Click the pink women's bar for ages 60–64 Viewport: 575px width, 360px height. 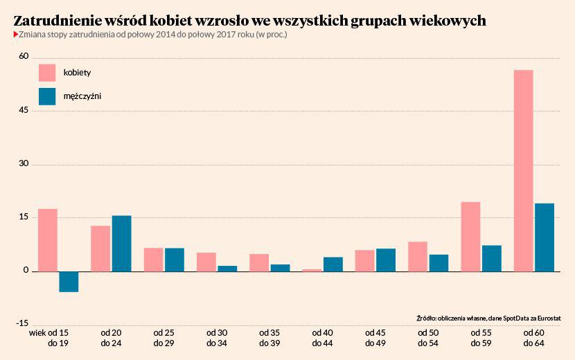pyautogui.click(x=523, y=170)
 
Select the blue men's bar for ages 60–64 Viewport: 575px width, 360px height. pyautogui.click(x=545, y=237)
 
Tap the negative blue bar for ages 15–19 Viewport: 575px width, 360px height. pyautogui.click(x=69, y=281)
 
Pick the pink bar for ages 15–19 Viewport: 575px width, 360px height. pyautogui.click(x=48, y=240)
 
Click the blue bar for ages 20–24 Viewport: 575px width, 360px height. pyautogui.click(x=121, y=243)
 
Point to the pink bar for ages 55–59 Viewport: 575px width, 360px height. pyautogui.click(x=470, y=236)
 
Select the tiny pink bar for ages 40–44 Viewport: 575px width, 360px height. pyautogui.click(x=312, y=270)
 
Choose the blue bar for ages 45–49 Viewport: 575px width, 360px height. pyautogui.click(x=386, y=260)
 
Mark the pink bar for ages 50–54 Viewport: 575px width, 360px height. pyautogui.click(x=418, y=256)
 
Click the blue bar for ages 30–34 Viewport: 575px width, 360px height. pyautogui.click(x=227, y=268)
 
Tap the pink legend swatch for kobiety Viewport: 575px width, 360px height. pyautogui.click(x=47, y=73)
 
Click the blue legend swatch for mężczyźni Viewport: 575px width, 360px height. pyautogui.click(x=47, y=96)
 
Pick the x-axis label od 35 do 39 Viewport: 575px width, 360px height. pyautogui.click(x=260, y=338)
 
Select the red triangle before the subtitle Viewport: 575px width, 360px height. pyautogui.click(x=16, y=34)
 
